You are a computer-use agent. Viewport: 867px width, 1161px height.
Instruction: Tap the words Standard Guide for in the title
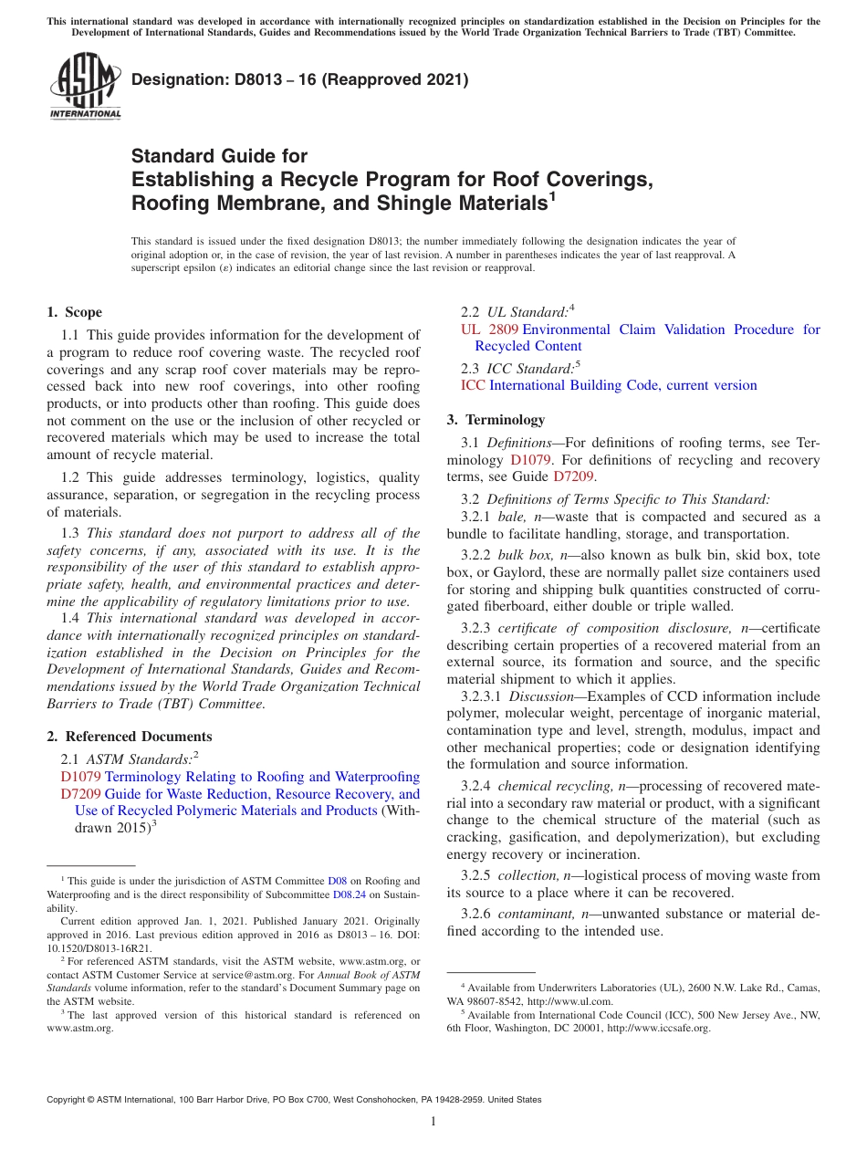pos(219,156)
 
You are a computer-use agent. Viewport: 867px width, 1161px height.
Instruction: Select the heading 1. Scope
pos(74,312)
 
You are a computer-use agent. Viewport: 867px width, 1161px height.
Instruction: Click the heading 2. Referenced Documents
pos(129,737)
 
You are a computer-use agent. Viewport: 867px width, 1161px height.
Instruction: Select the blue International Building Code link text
pos(622,385)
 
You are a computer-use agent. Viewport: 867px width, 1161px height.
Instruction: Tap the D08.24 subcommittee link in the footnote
pos(349,895)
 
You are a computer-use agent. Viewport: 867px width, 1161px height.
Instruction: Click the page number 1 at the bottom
pos(433,1122)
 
